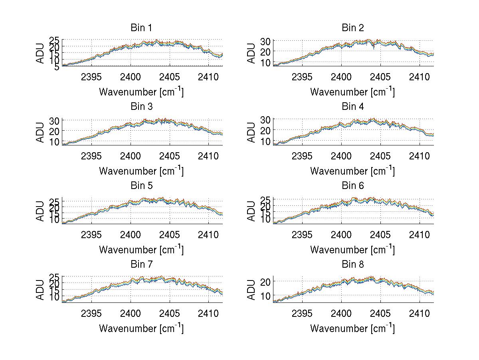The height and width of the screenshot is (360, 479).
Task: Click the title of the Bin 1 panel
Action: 141,28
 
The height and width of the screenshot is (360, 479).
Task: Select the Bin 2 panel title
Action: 352,28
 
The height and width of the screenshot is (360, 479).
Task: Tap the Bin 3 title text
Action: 141,107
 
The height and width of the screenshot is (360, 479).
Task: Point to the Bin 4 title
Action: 352,107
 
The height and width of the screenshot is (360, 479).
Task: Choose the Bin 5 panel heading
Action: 141,186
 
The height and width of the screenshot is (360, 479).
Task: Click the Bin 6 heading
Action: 352,186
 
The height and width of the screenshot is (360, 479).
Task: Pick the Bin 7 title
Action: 141,265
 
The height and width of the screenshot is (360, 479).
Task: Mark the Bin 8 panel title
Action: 352,265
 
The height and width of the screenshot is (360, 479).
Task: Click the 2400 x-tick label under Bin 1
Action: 130,77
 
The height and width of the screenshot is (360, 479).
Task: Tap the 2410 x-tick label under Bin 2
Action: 419,77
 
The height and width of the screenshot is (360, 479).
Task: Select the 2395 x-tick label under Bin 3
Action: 91,155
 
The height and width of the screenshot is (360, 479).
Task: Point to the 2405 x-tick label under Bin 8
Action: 380,313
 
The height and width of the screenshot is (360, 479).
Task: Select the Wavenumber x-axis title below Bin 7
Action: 141,328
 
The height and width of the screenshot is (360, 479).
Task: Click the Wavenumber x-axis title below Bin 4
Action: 352,171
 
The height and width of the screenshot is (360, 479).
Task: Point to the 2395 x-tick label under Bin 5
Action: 91,235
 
